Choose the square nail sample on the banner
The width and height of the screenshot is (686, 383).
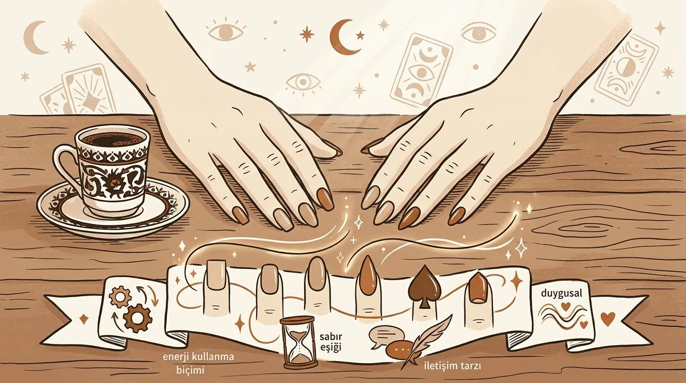tap(216, 274)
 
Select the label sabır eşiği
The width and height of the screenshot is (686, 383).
tap(330, 342)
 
